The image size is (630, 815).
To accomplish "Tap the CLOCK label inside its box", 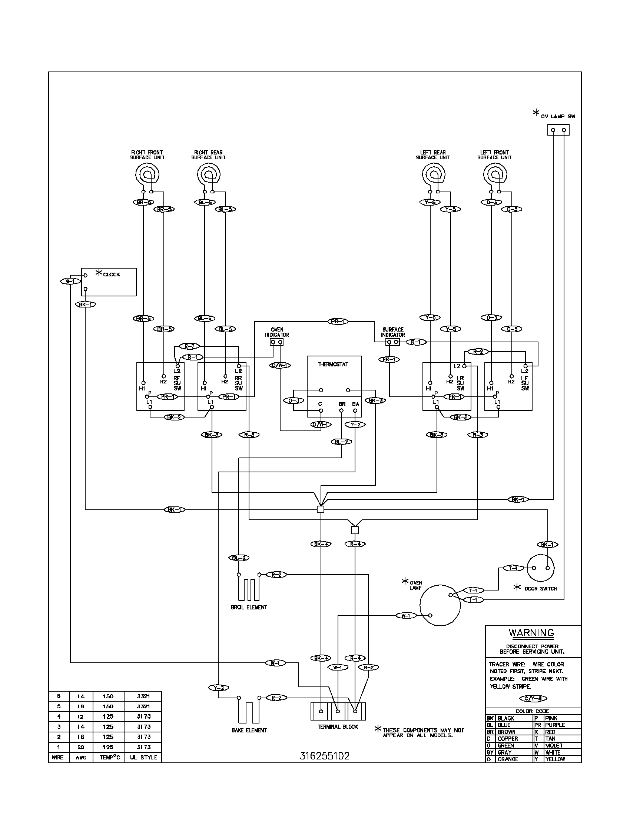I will click(112, 274).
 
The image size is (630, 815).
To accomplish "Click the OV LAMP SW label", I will click(558, 116).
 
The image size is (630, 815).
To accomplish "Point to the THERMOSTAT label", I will click(333, 364).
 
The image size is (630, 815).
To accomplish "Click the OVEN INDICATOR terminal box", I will click(276, 342).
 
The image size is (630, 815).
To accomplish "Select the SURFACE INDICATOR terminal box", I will click(392, 342).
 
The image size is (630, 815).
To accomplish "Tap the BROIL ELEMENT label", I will click(249, 607).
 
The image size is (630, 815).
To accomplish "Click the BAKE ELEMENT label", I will click(249, 730).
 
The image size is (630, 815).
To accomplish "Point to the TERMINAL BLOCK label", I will click(338, 726).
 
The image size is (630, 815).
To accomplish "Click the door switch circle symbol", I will click(541, 568).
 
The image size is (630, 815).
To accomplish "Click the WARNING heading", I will click(531, 632).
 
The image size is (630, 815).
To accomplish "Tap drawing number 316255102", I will click(325, 756).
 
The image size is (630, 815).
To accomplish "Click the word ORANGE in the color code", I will click(508, 759).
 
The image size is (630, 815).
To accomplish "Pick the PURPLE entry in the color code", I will click(555, 725).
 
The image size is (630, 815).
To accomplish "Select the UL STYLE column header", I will click(143, 757).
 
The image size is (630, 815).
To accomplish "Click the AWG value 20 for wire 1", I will click(81, 747).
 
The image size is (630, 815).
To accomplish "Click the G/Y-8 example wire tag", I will click(533, 698).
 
